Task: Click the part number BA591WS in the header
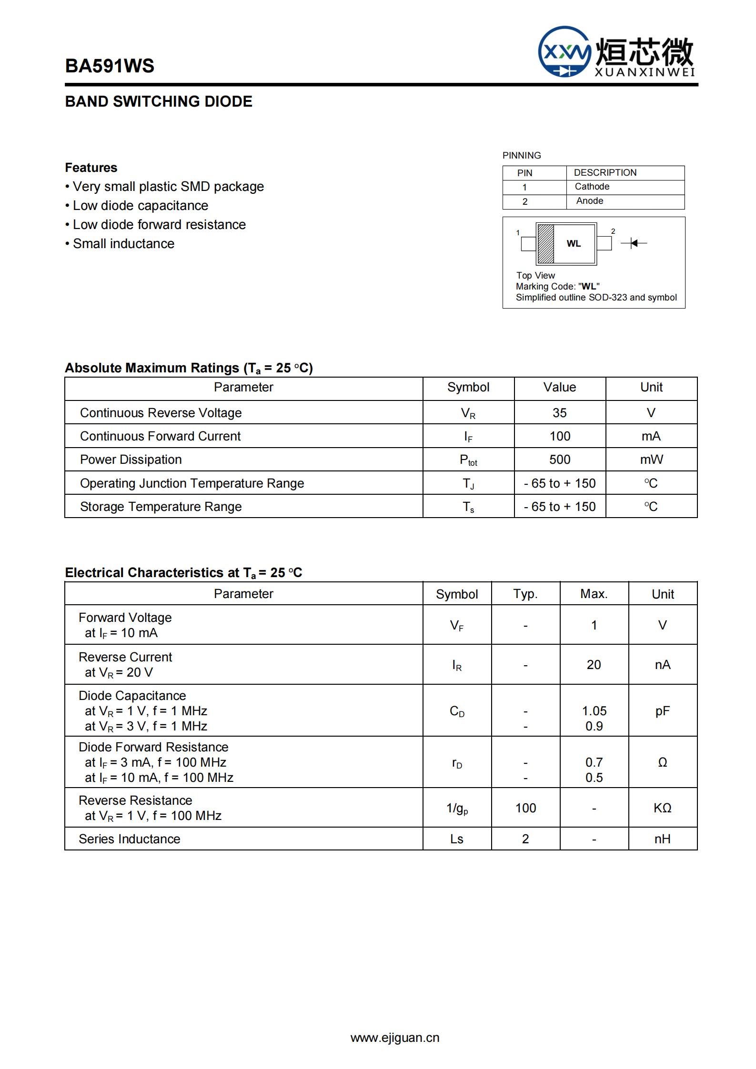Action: (110, 66)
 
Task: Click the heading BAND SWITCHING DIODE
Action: (159, 101)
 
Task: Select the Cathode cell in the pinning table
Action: (592, 187)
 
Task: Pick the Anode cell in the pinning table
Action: (590, 201)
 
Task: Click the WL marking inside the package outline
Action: (574, 244)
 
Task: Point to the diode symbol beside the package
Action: (634, 243)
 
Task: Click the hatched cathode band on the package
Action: (545, 244)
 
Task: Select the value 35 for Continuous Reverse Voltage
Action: (559, 413)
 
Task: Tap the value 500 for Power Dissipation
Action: (559, 460)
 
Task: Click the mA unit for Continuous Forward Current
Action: (651, 436)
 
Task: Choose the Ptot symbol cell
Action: (468, 460)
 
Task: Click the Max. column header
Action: (594, 594)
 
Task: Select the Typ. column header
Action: (525, 594)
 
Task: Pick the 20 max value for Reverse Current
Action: (594, 665)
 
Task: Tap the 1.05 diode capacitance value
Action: (594, 711)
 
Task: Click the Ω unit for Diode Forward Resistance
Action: (662, 762)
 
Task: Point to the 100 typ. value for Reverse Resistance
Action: (525, 808)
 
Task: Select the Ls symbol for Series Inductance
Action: (456, 839)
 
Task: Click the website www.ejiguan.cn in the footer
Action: (395, 1038)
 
